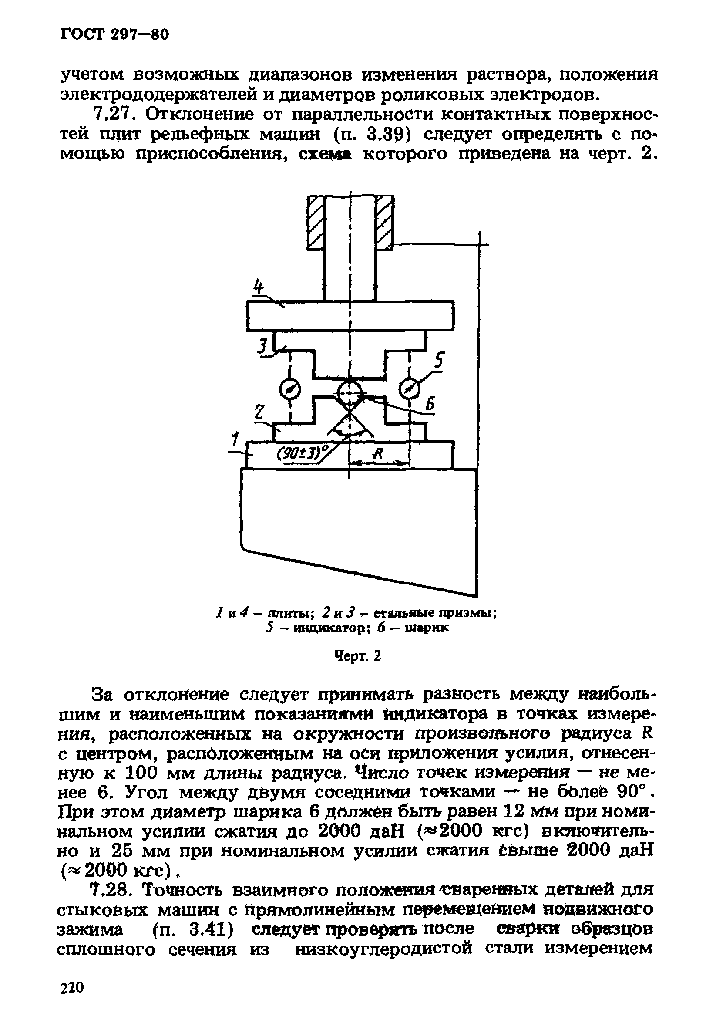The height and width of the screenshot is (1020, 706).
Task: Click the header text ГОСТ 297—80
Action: (114, 34)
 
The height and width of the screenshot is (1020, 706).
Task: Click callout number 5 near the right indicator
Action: (438, 361)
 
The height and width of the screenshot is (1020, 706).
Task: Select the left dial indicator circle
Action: (290, 390)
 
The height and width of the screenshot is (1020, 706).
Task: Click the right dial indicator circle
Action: (409, 390)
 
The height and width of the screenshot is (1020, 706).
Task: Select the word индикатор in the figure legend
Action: (329, 628)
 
